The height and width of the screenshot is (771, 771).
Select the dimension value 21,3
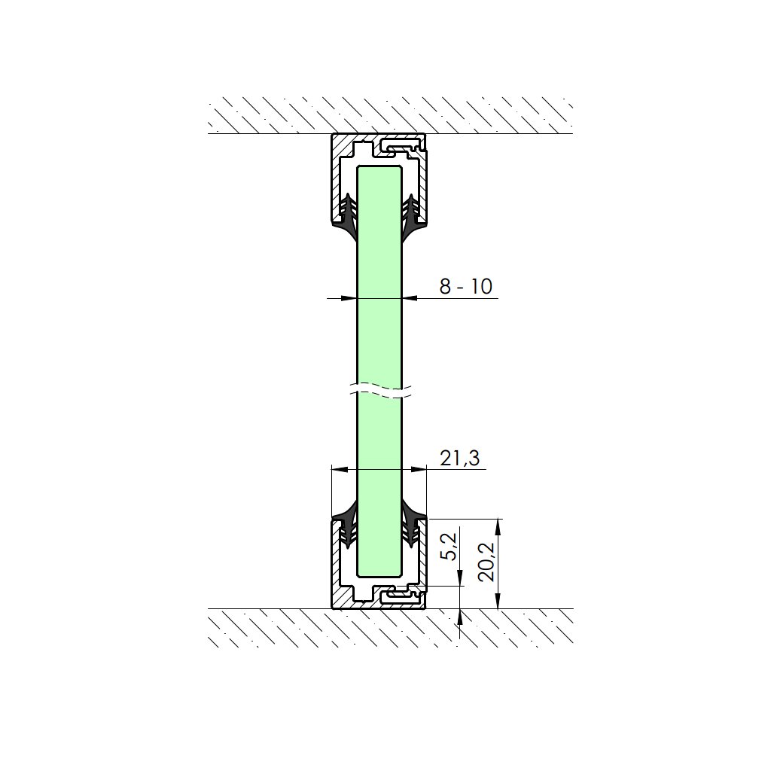(x=460, y=459)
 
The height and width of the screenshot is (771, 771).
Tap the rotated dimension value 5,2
(x=449, y=547)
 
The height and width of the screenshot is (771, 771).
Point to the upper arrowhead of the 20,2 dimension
(x=498, y=526)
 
